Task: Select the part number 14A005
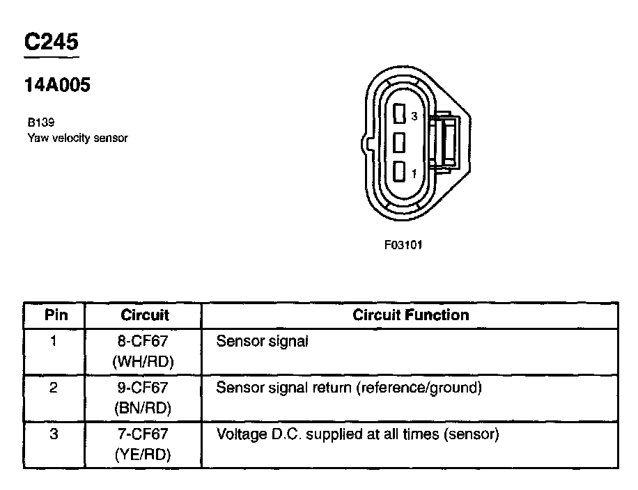58,86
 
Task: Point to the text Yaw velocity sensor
77,138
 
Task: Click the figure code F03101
403,245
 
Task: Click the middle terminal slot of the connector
399,143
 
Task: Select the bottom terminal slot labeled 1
399,171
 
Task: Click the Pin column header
56,315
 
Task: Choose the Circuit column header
144,315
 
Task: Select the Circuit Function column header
410,315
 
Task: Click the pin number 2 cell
54,388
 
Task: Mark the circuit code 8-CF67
144,342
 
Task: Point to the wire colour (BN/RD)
143,408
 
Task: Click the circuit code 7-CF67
143,435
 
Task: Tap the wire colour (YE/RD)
143,455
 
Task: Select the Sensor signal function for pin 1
263,342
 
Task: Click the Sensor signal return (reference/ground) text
349,388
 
